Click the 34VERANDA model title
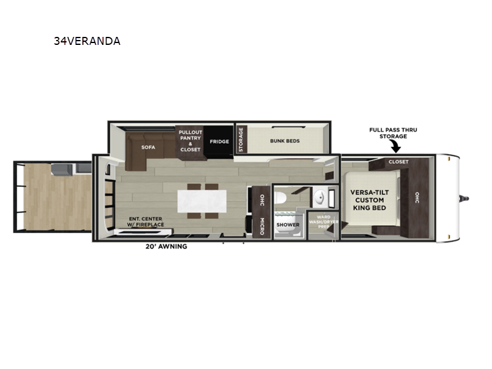[87, 41]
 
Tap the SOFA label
[148, 147]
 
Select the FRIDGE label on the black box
[220, 141]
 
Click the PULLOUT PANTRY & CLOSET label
[190, 141]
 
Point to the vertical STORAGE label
[241, 140]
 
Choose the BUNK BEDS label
[285, 141]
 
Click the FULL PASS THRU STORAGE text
[393, 133]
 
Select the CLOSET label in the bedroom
[399, 162]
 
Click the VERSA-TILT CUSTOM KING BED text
[370, 200]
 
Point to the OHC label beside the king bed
[417, 197]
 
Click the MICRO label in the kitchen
[262, 226]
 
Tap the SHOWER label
[288, 224]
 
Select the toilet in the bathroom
[280, 198]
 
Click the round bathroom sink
[319, 198]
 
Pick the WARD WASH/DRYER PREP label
[323, 222]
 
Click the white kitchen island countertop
[202, 201]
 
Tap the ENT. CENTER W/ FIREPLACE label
[146, 221]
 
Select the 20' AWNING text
[166, 247]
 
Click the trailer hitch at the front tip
[464, 198]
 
